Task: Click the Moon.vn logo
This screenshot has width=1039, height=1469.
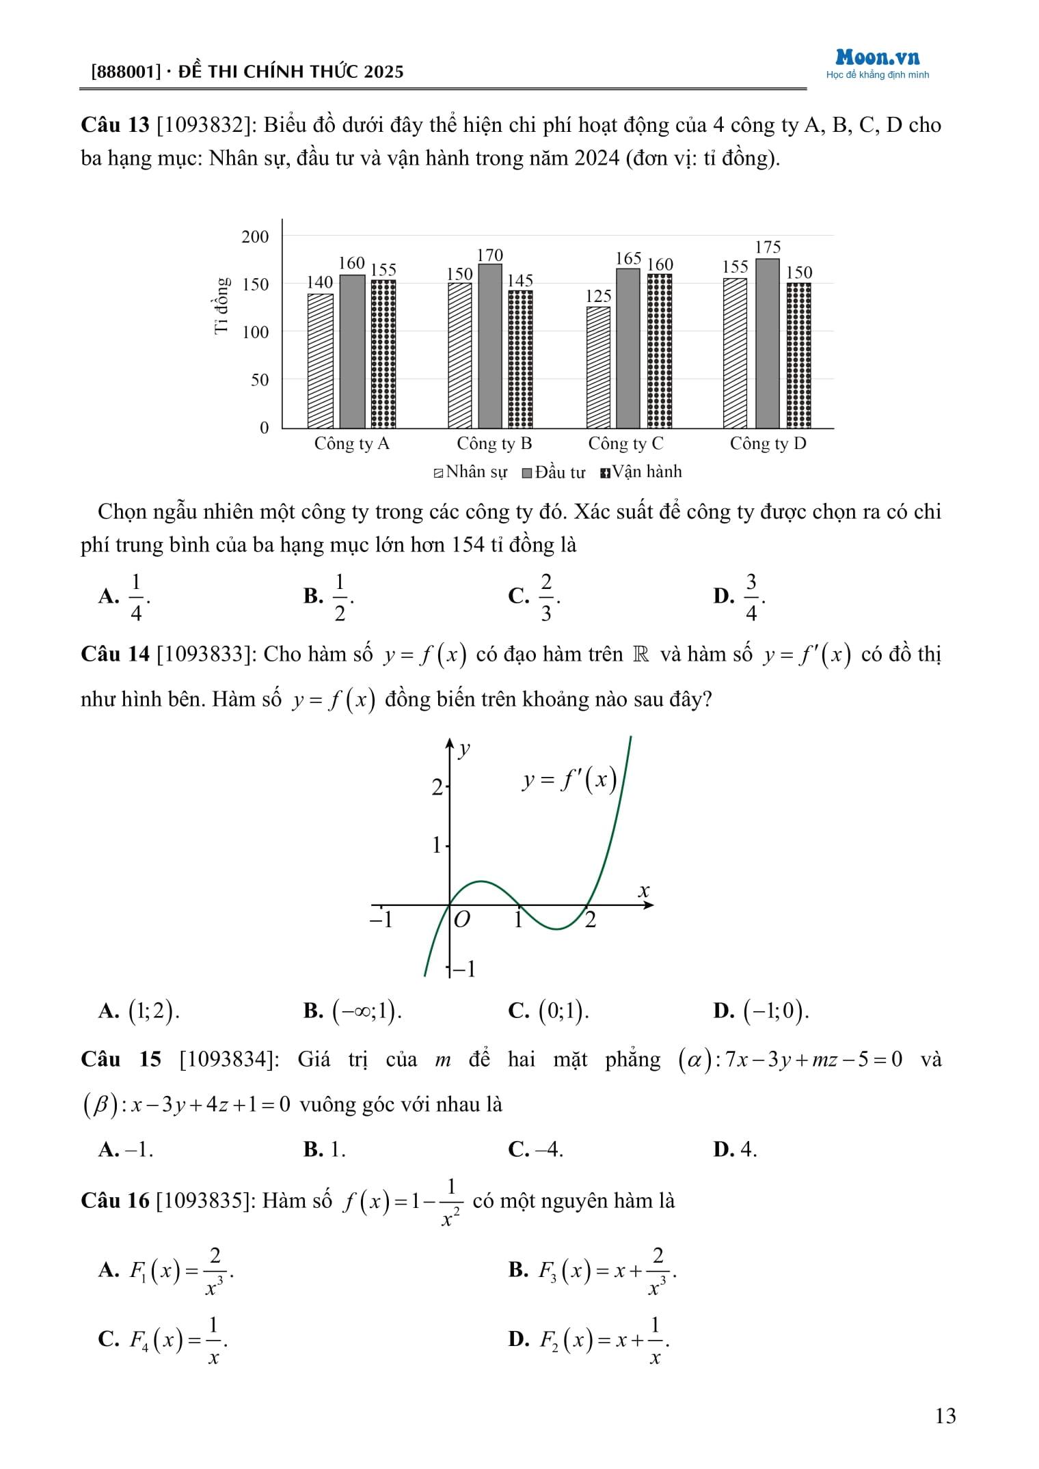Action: (x=877, y=59)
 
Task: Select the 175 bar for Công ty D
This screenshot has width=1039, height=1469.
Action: (x=767, y=343)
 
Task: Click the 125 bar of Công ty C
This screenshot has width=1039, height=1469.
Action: (x=598, y=367)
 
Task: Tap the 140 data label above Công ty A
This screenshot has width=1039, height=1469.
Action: (x=319, y=282)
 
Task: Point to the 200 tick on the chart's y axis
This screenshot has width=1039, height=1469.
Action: (x=256, y=236)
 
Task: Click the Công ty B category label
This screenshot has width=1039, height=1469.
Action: (x=494, y=443)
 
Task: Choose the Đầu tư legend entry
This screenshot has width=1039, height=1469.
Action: (x=554, y=472)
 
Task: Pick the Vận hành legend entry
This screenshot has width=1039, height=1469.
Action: (x=640, y=471)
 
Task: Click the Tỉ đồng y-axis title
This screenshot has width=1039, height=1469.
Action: (x=221, y=305)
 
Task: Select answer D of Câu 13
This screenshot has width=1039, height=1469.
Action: (x=739, y=596)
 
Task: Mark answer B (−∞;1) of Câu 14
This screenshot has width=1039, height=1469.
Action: (x=353, y=1011)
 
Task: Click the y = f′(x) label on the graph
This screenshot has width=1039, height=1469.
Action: (x=569, y=780)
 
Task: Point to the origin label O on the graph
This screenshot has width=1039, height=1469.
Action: (x=462, y=920)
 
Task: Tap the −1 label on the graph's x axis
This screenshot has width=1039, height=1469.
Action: (x=381, y=920)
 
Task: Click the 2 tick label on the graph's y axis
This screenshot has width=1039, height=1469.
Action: (x=437, y=788)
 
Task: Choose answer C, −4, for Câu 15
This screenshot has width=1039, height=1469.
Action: (x=536, y=1149)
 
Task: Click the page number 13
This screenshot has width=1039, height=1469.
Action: (x=945, y=1416)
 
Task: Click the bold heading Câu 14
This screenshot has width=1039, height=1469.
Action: (x=115, y=654)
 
